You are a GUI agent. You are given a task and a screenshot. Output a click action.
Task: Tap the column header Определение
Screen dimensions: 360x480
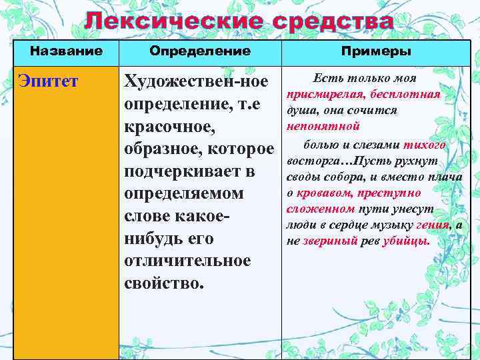[x=200, y=51]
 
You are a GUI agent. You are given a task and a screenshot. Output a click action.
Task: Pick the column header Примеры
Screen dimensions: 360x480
[x=376, y=51]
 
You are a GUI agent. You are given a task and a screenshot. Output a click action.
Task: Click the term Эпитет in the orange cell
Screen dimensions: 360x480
[x=48, y=82]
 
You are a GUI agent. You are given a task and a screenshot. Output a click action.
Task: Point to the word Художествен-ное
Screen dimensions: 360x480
[x=196, y=82]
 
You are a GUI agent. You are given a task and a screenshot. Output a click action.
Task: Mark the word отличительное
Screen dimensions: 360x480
[x=187, y=260]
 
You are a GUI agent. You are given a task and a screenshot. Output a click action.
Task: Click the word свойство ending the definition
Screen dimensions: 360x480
[x=163, y=282]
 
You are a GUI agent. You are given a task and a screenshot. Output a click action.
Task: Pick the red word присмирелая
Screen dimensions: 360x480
[x=319, y=95]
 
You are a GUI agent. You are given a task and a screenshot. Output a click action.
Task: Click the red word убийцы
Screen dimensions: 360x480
[x=406, y=241]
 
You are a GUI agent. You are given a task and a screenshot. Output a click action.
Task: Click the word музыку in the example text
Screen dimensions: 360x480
[x=379, y=225]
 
